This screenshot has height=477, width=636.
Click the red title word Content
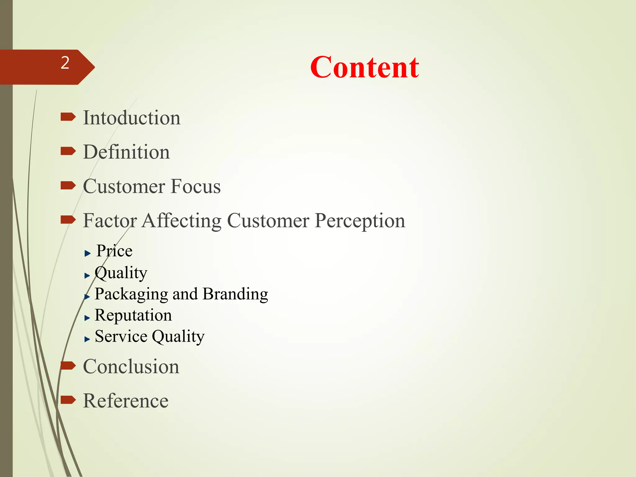365,67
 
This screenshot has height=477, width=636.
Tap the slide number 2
65,63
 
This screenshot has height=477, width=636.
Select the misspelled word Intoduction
132,118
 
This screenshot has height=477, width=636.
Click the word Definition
126,152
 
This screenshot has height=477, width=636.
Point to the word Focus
196,187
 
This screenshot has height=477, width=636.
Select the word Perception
360,221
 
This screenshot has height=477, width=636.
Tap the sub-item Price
114,251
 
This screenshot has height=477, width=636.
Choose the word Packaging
131,294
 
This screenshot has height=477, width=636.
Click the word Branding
235,294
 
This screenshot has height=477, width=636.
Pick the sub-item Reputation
133,315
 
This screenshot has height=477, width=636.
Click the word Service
121,336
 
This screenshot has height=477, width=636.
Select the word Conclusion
131,367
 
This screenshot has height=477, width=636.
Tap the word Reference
126,401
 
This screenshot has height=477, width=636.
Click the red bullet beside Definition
68,151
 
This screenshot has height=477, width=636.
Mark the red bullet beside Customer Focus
68,186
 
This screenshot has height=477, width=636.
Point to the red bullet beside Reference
68,400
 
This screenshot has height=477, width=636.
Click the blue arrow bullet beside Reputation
87,318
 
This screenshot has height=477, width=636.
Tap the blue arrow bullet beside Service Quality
87,339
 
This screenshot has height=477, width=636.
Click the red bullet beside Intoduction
68,117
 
